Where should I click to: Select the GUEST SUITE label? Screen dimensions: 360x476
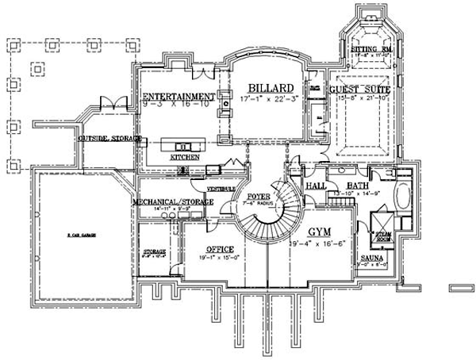pos(360,90)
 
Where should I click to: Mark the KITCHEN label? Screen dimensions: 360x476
pos(184,157)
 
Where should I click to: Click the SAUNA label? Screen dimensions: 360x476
pos(373,259)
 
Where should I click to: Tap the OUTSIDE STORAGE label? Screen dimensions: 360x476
pos(109,139)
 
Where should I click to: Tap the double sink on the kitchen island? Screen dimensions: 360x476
pos(180,146)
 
